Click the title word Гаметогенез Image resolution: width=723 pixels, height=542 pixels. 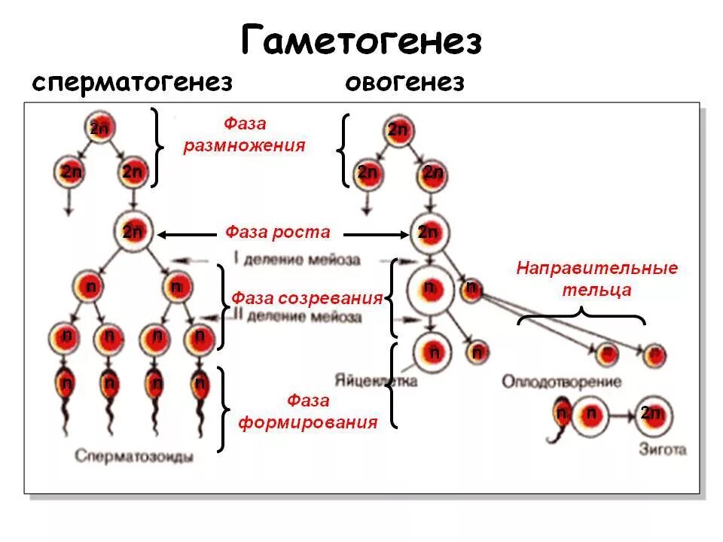[361, 41]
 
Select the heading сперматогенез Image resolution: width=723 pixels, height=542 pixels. [132, 82]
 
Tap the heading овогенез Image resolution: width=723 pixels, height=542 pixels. [404, 82]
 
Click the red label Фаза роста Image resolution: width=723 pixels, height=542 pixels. [277, 232]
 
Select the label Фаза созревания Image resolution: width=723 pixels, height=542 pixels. [307, 298]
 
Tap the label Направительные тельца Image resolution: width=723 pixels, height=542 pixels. [596, 279]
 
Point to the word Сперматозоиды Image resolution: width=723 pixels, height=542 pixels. [134, 456]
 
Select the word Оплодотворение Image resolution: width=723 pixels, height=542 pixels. [562, 382]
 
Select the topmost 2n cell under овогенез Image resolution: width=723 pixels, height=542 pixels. [397, 129]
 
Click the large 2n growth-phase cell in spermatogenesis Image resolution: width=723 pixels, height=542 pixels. [133, 231]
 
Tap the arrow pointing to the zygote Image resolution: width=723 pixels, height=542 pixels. [619, 415]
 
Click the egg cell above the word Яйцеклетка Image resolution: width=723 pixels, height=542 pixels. [433, 351]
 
